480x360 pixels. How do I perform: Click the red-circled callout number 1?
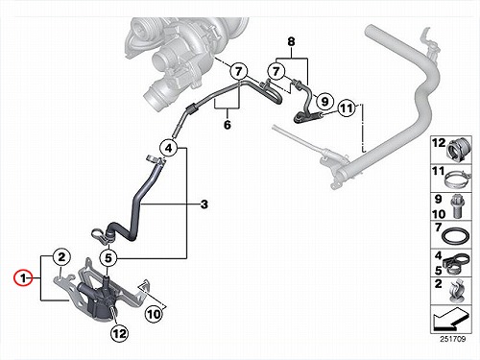23,278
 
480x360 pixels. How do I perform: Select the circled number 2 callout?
61,256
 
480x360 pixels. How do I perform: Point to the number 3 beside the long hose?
204,204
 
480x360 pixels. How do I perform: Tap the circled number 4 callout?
168,148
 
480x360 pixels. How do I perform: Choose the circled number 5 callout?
108,258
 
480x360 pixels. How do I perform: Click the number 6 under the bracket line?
228,124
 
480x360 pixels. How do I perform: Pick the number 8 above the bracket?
291,41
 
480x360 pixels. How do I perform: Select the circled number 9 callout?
324,102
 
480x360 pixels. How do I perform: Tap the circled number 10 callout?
154,314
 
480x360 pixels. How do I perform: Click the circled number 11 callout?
347,108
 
